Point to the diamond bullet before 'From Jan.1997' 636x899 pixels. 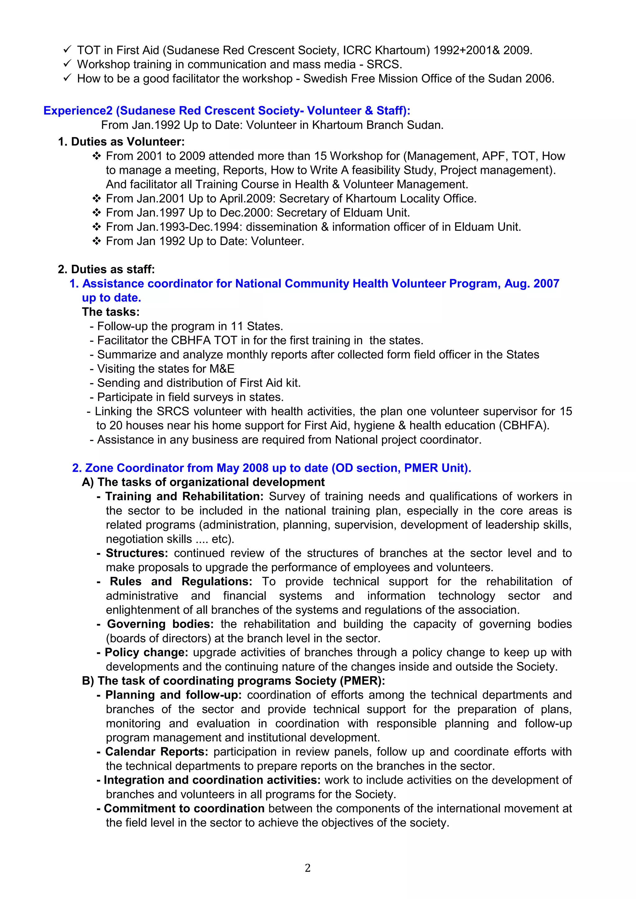[x=96, y=213]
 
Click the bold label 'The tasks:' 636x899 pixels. [x=111, y=312]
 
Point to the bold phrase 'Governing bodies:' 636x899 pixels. [x=160, y=624]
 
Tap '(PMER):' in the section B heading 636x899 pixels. [x=363, y=681]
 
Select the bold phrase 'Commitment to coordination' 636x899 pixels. [x=184, y=809]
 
